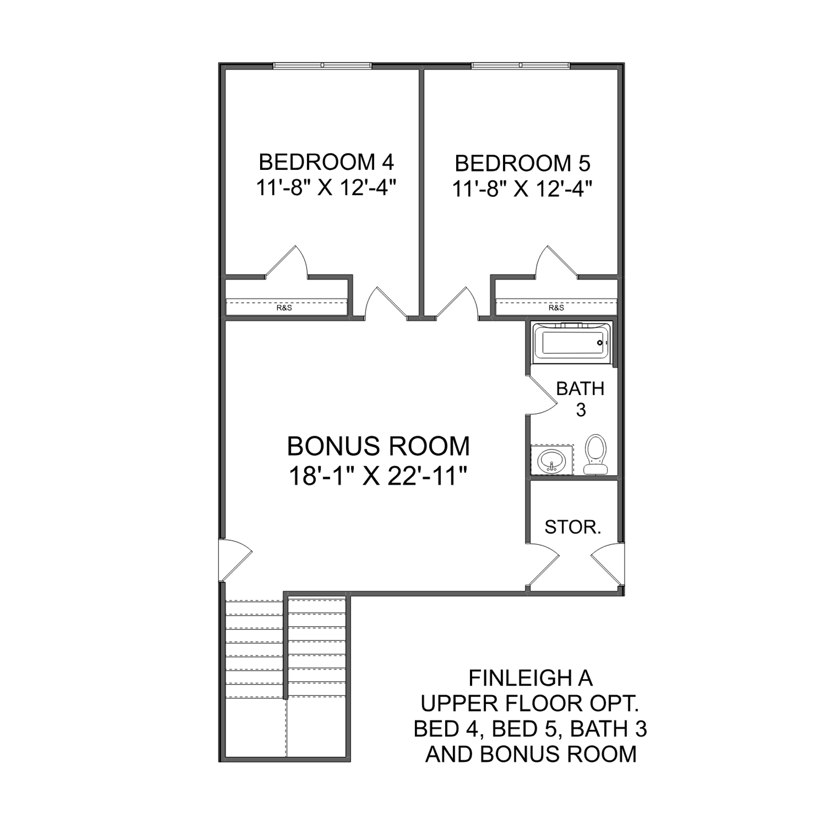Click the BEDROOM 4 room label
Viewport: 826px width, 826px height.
326,162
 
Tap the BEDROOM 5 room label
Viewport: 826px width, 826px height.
523,163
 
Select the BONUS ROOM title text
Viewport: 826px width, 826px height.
379,446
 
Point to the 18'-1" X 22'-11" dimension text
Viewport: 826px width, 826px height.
379,476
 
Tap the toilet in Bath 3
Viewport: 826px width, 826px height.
596,454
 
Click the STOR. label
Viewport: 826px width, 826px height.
573,527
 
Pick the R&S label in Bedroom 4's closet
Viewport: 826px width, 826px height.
284,308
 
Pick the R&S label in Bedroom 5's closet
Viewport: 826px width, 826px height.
556,308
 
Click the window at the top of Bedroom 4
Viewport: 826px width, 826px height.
322,66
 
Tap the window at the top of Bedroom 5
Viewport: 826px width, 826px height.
520,66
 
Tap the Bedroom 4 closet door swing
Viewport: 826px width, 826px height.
286,262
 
